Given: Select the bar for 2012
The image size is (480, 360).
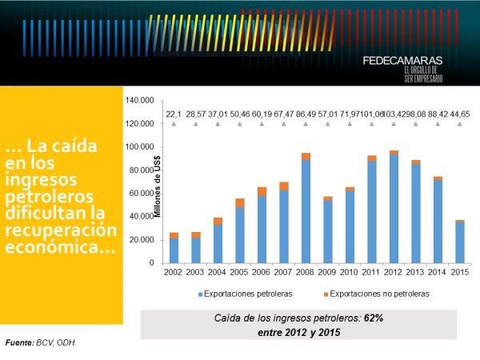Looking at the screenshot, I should click(x=394, y=208).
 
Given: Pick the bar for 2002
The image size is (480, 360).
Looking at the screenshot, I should click(x=174, y=249).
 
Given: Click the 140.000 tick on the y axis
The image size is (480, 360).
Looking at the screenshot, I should click(x=140, y=101).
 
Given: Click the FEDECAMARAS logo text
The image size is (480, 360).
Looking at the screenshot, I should click(x=402, y=60).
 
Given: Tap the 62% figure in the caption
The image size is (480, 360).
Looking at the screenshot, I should click(x=373, y=318).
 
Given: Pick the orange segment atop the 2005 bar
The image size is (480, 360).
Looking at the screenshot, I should click(x=240, y=203).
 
